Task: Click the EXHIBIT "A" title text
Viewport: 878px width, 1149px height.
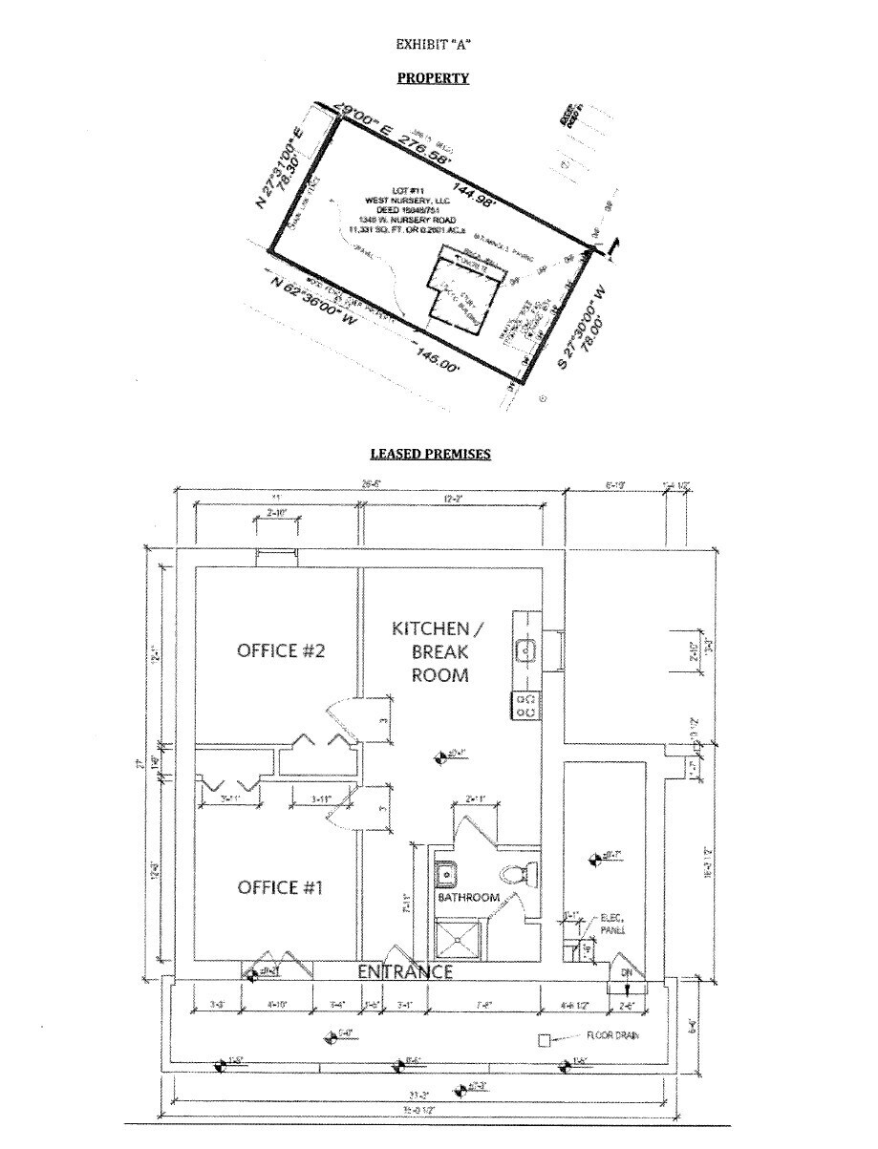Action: tap(434, 44)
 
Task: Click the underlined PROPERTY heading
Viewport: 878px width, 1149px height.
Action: tap(433, 78)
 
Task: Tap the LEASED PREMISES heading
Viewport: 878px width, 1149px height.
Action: tap(431, 455)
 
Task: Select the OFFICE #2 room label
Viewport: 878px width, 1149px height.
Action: tap(281, 651)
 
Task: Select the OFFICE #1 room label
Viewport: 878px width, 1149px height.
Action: tap(281, 888)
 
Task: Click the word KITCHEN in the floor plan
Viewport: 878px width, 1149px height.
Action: tap(431, 628)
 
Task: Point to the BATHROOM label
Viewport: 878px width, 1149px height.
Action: tap(468, 898)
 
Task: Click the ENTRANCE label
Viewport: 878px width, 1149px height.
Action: tap(404, 972)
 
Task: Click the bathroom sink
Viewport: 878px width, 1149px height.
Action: tap(445, 872)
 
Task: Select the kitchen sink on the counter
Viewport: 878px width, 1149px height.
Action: tap(525, 651)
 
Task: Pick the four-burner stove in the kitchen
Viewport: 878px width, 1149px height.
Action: tap(525, 706)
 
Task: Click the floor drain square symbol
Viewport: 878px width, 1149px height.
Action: tap(545, 1040)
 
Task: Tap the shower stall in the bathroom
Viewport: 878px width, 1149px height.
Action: tap(460, 937)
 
